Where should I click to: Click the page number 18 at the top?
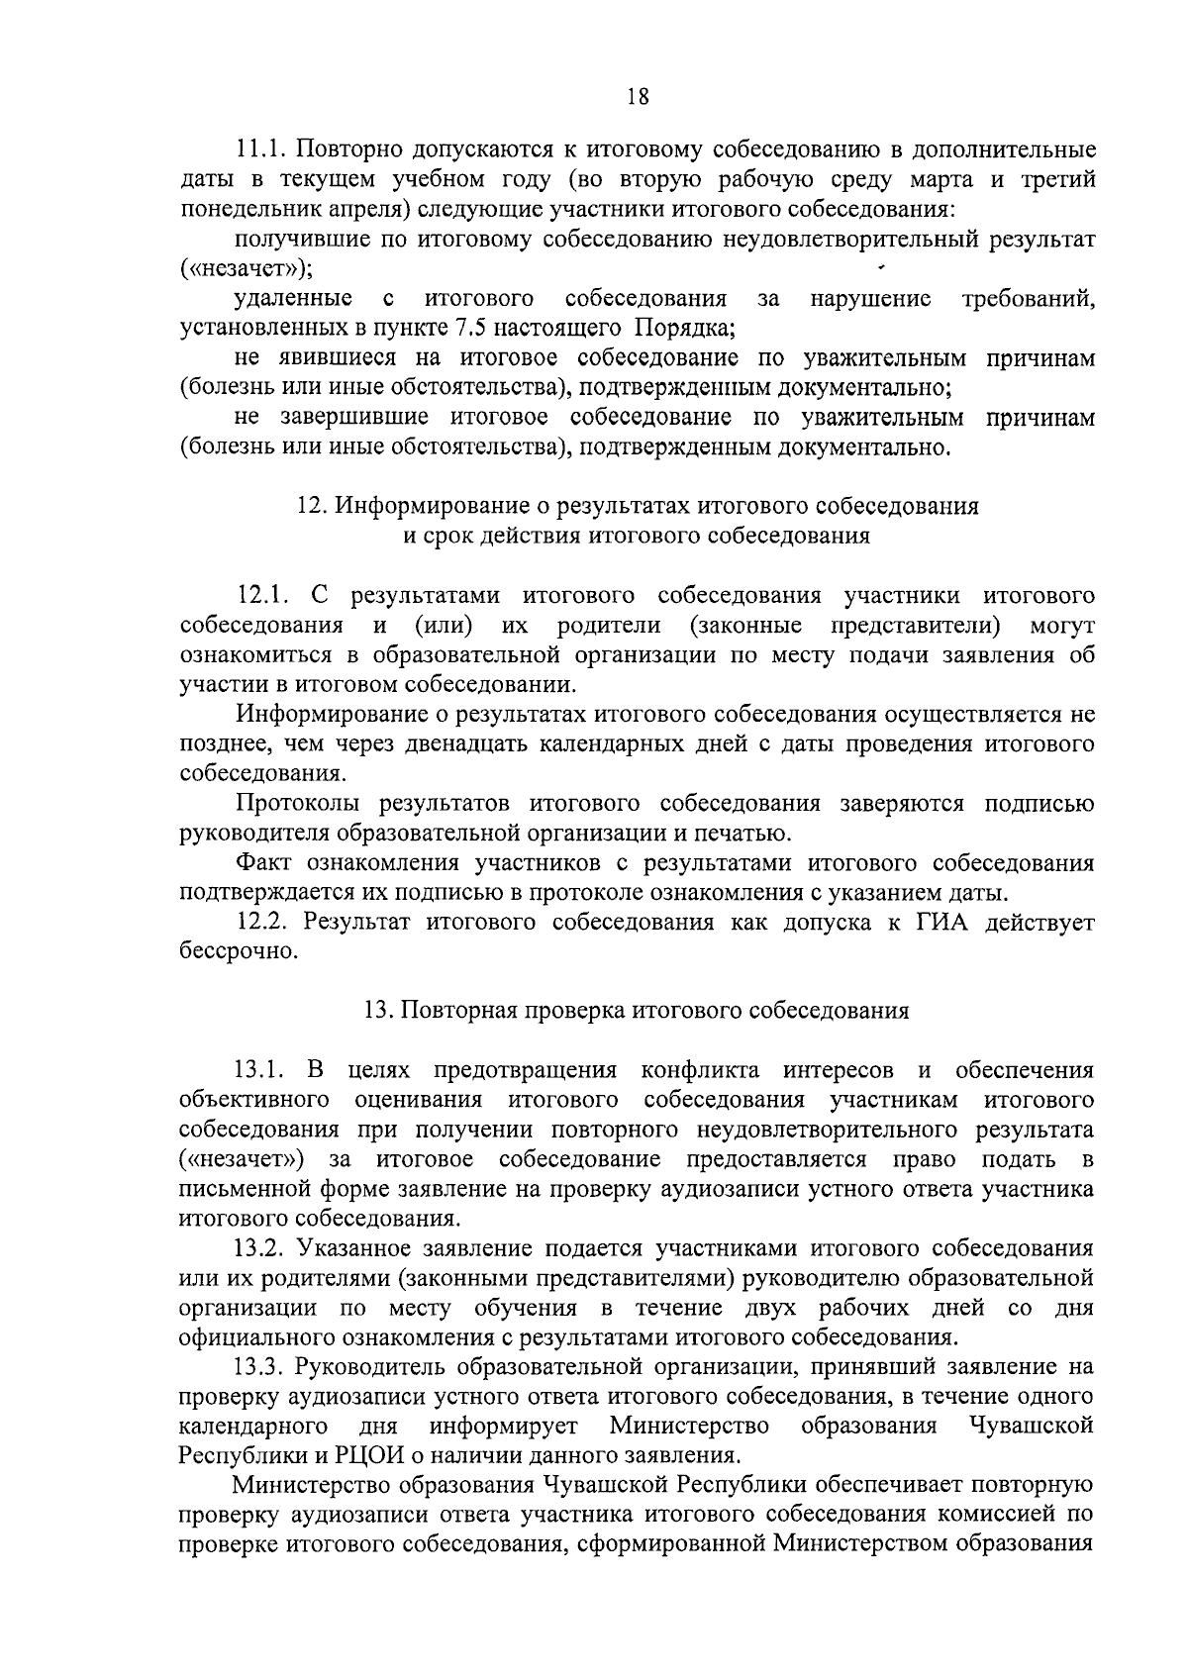click(x=638, y=96)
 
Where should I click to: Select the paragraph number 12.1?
click(x=263, y=596)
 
